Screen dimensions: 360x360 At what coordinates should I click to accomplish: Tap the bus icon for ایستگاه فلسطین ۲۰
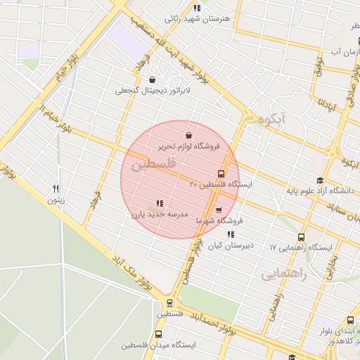click(x=221, y=174)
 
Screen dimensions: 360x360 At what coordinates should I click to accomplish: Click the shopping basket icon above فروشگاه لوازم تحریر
click(x=188, y=136)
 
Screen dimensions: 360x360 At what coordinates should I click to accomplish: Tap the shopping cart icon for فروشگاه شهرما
click(x=219, y=210)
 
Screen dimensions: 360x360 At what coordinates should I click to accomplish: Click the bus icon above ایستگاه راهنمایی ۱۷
click(x=302, y=237)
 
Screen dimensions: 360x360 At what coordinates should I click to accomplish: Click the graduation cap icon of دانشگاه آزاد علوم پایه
click(x=320, y=181)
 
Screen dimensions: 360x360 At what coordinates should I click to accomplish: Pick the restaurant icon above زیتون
click(x=56, y=188)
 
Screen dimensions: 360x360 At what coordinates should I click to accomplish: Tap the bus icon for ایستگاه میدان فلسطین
click(x=158, y=335)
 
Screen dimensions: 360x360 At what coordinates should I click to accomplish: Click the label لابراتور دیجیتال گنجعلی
click(x=153, y=91)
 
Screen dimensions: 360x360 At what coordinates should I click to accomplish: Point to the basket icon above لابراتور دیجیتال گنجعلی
click(x=153, y=80)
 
